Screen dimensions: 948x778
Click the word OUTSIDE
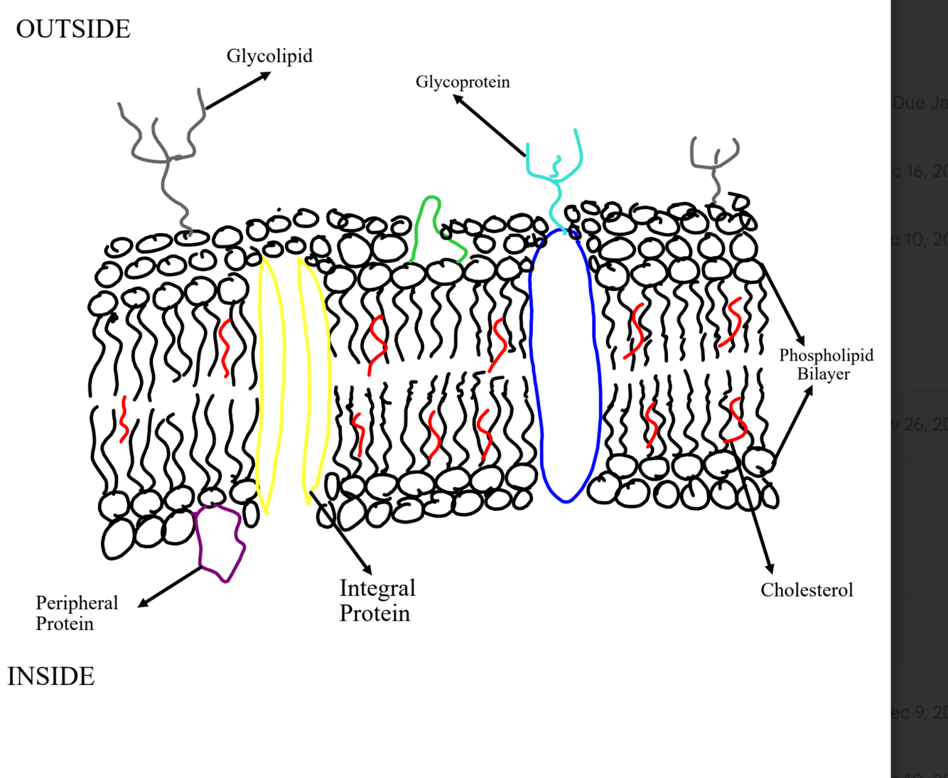click(x=73, y=29)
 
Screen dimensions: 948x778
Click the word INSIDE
click(x=51, y=676)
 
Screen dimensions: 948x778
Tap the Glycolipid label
click(x=269, y=55)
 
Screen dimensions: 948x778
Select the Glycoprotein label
click(x=463, y=82)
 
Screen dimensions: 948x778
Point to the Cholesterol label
click(x=807, y=590)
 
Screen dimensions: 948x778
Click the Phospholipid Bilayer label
click(x=826, y=364)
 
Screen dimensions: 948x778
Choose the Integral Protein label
click(x=377, y=600)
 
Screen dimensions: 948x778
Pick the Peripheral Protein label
click(x=76, y=613)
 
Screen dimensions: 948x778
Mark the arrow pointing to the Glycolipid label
click(x=237, y=91)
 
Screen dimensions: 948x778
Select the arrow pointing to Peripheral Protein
click(x=171, y=587)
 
